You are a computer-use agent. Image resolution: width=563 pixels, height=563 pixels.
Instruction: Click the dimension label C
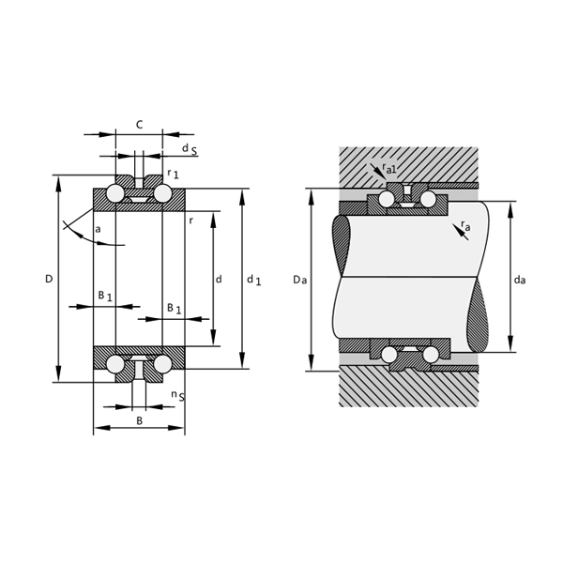click(x=139, y=124)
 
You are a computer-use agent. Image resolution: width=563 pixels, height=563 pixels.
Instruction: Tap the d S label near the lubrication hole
click(x=189, y=149)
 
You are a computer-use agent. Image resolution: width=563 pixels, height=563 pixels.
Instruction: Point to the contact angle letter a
click(x=98, y=229)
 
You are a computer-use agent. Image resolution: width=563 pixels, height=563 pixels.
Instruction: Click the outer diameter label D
click(x=49, y=279)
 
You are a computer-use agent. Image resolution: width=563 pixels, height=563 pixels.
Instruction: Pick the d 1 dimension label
click(x=253, y=280)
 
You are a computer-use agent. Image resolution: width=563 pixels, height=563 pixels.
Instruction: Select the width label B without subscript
click(x=140, y=421)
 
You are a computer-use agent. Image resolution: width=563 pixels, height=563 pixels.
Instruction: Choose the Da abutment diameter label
click(x=298, y=280)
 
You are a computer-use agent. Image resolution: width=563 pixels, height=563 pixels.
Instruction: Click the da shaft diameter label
click(x=519, y=280)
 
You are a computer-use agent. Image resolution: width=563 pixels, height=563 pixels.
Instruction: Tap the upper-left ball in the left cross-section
click(x=115, y=194)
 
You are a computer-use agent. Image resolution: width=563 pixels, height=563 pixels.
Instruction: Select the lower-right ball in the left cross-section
click(x=163, y=363)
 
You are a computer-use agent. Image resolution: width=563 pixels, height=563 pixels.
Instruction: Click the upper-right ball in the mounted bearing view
click(x=431, y=200)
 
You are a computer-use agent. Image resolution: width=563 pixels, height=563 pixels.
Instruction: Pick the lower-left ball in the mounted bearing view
click(x=387, y=354)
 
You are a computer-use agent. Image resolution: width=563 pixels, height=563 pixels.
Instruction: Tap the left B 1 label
click(x=105, y=296)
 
